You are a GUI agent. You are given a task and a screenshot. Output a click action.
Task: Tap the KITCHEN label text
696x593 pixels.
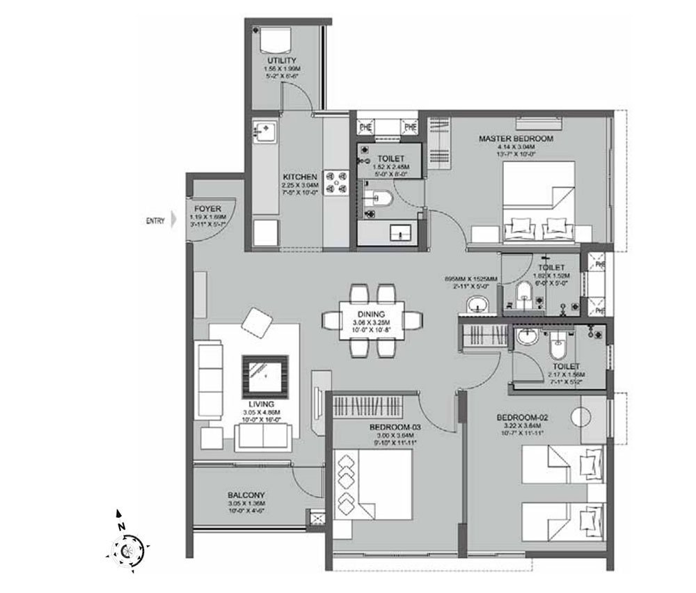point(301,177)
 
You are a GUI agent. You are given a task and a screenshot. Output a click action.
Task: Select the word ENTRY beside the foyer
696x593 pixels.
point(155,221)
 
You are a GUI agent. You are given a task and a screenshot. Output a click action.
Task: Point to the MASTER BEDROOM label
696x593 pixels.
point(516,139)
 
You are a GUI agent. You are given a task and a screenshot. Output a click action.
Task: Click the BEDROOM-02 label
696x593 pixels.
point(523,417)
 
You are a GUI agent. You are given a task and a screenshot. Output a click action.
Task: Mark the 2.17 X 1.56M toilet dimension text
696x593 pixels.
point(566,375)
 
